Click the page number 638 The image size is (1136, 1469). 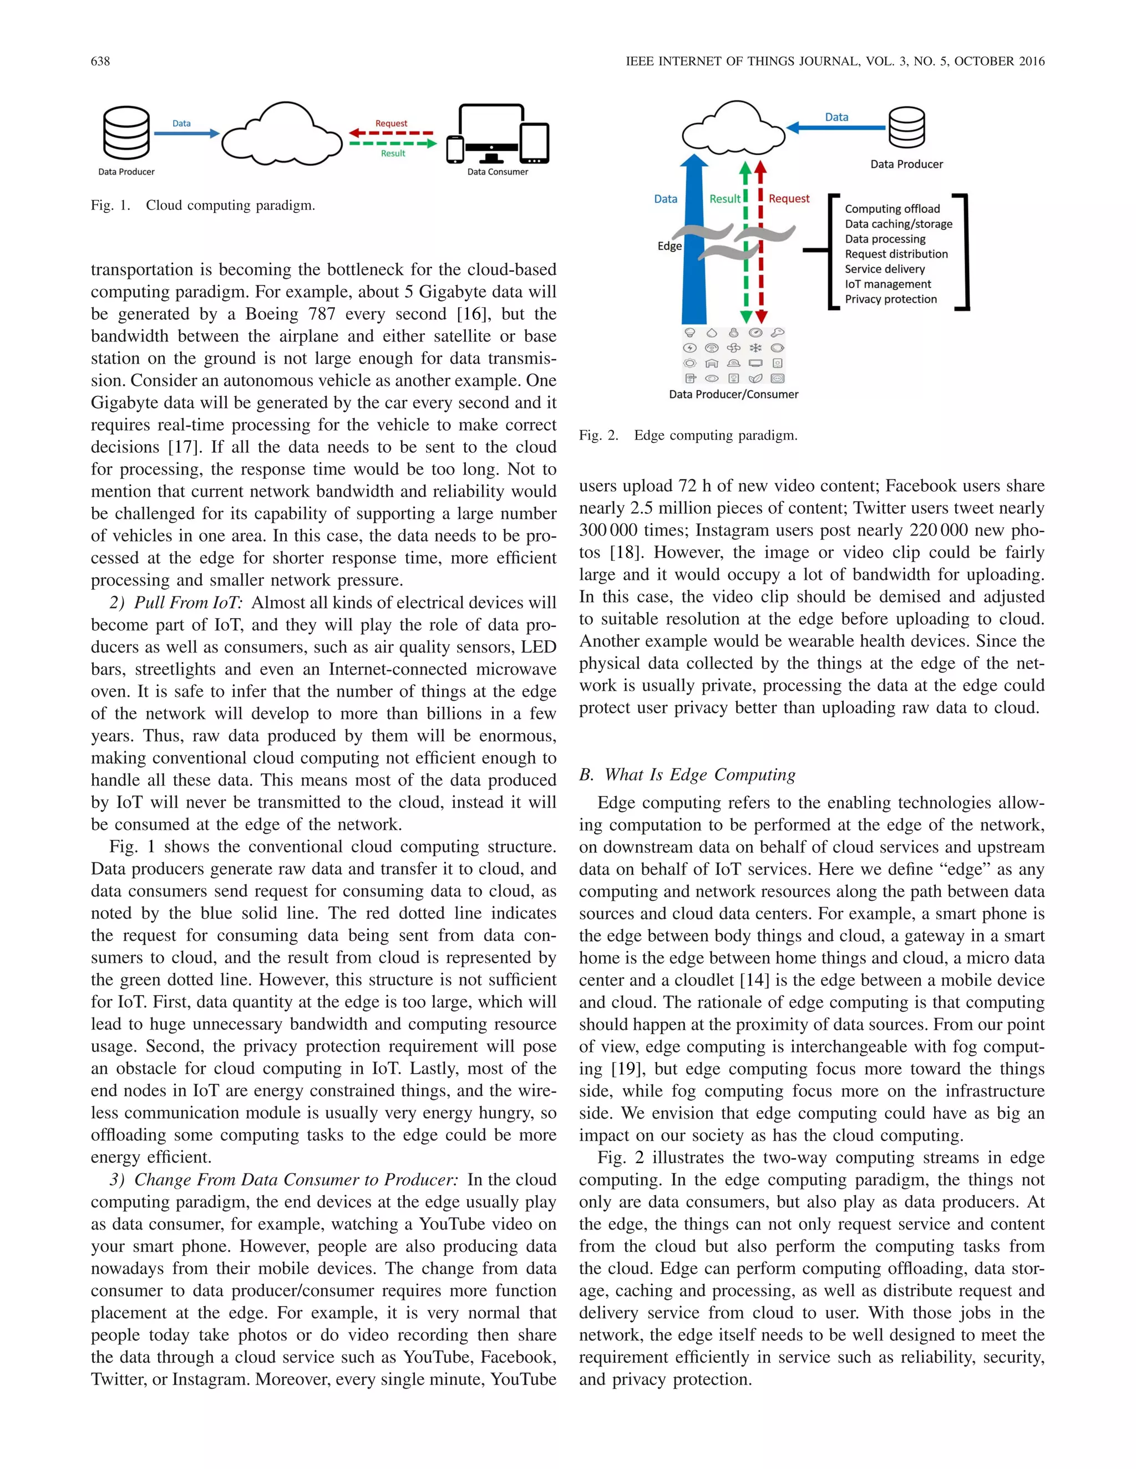[100, 61]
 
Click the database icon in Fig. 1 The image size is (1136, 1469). [126, 134]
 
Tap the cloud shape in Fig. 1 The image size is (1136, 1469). [283, 136]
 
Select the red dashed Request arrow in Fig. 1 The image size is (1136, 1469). [391, 133]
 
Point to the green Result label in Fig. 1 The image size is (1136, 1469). [393, 154]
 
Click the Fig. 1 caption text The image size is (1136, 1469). [202, 205]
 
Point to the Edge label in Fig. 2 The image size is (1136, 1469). [669, 246]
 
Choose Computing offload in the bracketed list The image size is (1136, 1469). [892, 209]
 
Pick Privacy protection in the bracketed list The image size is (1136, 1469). [890, 299]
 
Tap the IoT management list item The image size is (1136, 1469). [887, 284]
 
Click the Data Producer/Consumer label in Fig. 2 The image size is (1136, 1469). [733, 394]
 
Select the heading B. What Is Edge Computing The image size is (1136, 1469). [687, 775]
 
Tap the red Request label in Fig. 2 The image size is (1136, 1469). [789, 198]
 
